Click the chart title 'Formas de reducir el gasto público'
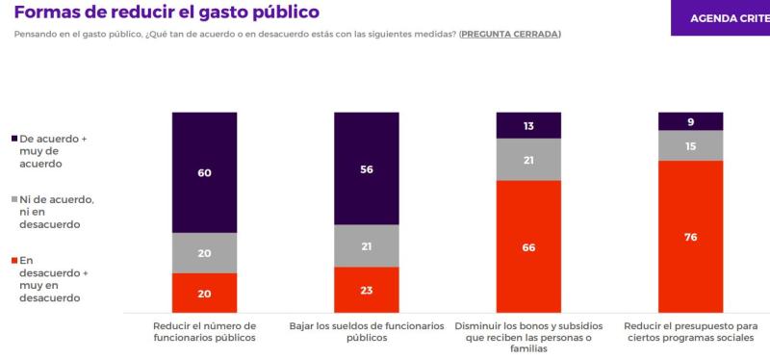[x=167, y=12]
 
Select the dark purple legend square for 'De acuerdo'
[x=13, y=139]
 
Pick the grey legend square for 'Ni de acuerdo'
[x=13, y=199]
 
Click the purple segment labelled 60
[x=204, y=172]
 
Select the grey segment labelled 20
[x=204, y=253]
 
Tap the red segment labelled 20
[x=204, y=293]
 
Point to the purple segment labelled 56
[x=366, y=168]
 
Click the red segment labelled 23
[x=366, y=290]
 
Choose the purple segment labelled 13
[x=528, y=125]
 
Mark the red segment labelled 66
[x=528, y=246]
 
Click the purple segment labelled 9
[x=690, y=121]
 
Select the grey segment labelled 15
[x=690, y=145]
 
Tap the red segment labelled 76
[x=690, y=236]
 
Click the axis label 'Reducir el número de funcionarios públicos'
[x=204, y=332]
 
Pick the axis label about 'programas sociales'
[x=690, y=332]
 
